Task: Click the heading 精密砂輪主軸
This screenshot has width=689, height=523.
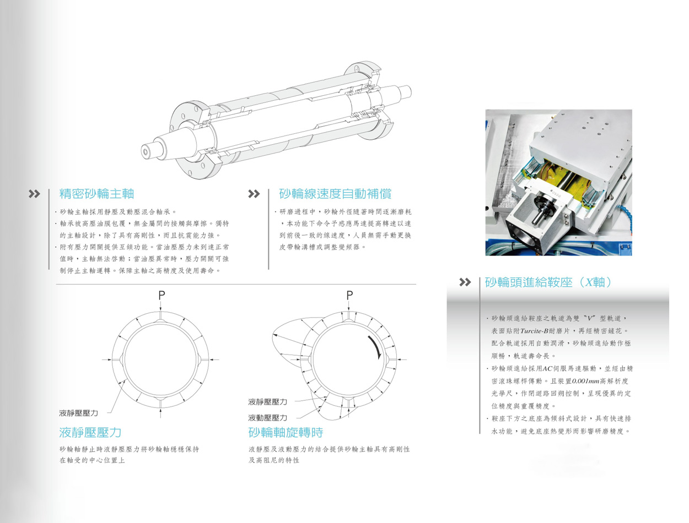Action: (96, 193)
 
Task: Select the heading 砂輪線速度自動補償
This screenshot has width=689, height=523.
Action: (335, 193)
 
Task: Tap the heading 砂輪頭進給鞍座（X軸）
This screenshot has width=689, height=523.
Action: (547, 282)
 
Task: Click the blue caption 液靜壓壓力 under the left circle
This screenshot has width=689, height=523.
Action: (90, 433)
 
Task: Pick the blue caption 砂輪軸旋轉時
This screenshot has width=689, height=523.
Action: (286, 433)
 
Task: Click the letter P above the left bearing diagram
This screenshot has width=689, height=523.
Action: (162, 295)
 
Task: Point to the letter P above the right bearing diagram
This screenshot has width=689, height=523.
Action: (349, 295)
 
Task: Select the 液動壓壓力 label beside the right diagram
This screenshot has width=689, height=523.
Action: (267, 417)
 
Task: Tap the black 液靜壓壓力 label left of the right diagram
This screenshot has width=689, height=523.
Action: (267, 402)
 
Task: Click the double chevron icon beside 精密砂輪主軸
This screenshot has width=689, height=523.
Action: (34, 194)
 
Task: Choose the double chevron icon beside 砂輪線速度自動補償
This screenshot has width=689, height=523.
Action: (254, 194)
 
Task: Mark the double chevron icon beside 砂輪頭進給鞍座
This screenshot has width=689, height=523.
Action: (465, 282)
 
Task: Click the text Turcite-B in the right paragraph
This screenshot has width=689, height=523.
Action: (534, 331)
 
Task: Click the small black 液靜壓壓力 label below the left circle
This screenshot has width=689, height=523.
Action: (78, 413)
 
